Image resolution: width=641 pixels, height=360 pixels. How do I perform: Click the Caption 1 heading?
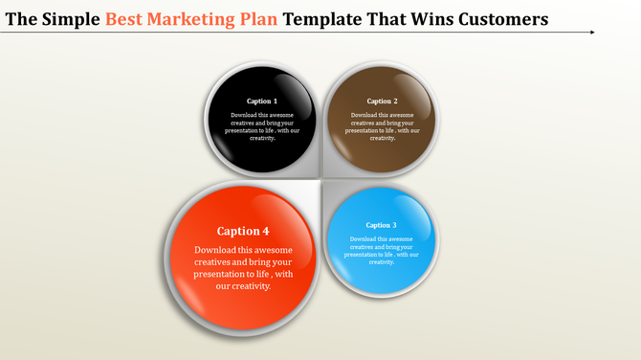point(261,101)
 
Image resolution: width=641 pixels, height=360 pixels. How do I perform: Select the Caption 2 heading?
point(382,101)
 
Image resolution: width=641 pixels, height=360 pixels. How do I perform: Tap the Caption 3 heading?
point(381,225)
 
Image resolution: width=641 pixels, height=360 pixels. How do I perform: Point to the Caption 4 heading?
point(243,231)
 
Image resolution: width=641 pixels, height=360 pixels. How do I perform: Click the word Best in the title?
point(126,18)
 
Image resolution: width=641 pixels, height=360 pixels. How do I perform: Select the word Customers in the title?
point(496,18)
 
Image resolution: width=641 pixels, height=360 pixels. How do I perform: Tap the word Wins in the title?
point(422,18)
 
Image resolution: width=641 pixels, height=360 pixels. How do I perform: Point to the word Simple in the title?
point(72,18)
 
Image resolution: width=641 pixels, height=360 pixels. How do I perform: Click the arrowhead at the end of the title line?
point(591,33)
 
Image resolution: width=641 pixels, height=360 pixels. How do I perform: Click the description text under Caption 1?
point(261,126)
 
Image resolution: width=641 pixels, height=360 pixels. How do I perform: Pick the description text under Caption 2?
point(382,126)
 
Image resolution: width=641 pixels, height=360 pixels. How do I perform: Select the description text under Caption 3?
point(381,250)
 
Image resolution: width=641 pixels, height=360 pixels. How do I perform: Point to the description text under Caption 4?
point(243,267)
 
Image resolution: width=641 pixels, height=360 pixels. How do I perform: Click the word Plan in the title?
point(272,18)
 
